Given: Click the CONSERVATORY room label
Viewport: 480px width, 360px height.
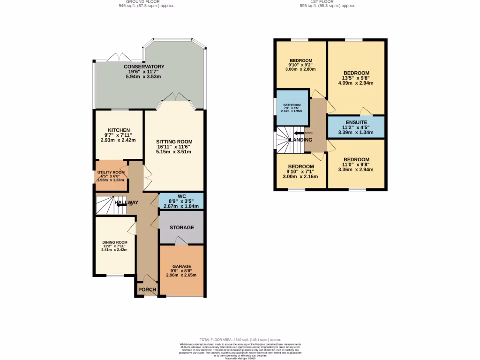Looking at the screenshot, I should coord(144,67).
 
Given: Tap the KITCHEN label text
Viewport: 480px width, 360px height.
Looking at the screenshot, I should coord(119,130).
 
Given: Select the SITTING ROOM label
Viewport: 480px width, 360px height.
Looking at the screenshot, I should coord(174,142).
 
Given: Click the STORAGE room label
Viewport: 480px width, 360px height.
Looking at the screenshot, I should coord(182,227).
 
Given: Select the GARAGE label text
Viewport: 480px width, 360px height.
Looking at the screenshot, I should coord(181,266).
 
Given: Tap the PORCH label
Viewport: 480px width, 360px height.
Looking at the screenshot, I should coord(147,290).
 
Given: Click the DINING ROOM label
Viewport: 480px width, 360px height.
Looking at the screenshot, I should coord(115,242).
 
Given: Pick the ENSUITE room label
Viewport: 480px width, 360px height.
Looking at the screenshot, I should coord(356,122).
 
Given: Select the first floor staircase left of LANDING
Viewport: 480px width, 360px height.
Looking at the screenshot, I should coord(285,140).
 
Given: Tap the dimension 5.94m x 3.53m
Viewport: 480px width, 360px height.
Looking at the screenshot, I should coord(144,76).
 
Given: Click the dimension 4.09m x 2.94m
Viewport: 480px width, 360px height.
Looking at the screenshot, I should coord(356,83).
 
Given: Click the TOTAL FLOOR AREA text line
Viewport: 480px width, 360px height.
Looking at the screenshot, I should coord(240,339).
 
